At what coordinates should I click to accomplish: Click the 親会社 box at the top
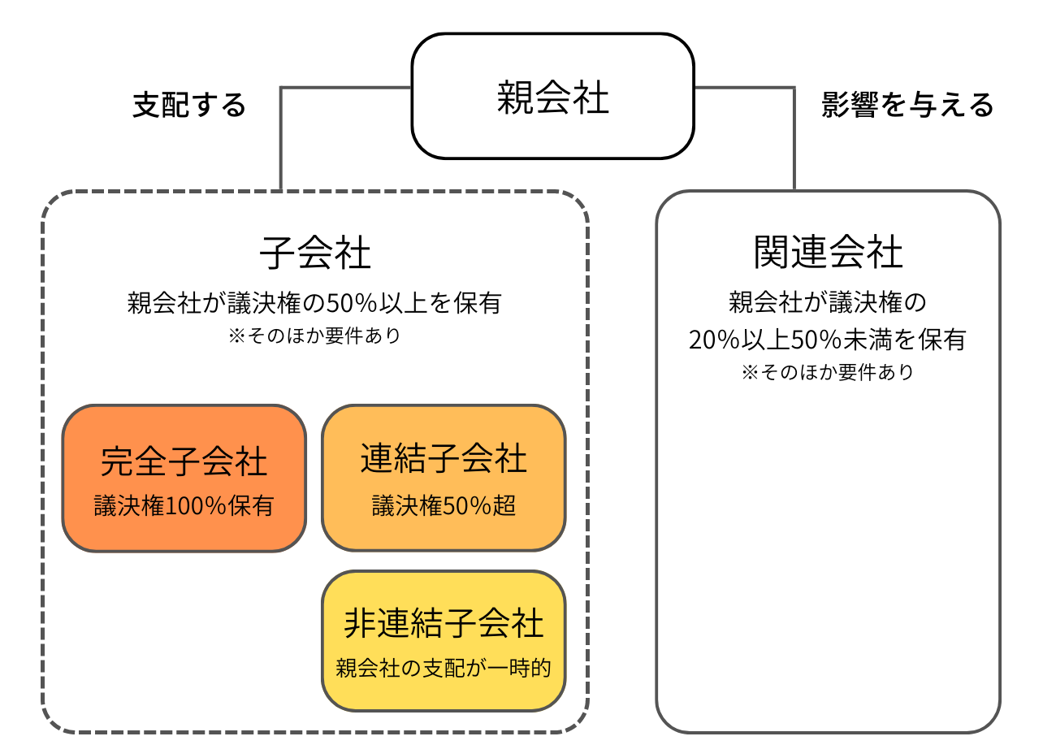[552, 97]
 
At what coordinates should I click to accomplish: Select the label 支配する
[189, 105]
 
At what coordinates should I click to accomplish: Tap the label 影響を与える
[907, 105]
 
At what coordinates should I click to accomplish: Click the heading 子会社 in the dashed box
[315, 253]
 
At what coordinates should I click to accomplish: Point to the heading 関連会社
[828, 253]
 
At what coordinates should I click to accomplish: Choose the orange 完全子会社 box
[184, 479]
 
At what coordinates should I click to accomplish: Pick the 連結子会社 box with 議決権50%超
[444, 479]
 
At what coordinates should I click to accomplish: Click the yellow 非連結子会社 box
[444, 642]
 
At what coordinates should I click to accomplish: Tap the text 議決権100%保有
[184, 506]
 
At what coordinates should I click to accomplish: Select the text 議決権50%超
[444, 506]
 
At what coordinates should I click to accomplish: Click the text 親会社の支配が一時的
[444, 669]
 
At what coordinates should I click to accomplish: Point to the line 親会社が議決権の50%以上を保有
[314, 303]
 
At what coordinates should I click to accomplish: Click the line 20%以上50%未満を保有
[827, 339]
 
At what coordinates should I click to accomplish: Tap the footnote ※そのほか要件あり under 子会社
[314, 336]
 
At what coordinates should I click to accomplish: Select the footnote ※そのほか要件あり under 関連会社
[827, 372]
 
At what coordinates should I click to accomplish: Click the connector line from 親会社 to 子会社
[281, 134]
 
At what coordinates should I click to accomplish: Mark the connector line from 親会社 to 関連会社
[794, 134]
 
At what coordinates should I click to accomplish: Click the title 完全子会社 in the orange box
[184, 461]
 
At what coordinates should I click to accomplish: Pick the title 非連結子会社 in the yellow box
[444, 624]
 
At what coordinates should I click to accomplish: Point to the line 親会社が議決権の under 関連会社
[827, 303]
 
